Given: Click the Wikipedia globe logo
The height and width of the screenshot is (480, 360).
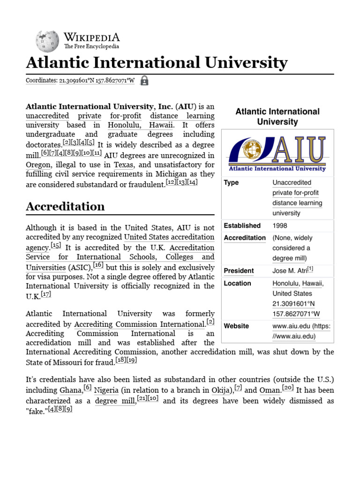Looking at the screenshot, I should [47, 41].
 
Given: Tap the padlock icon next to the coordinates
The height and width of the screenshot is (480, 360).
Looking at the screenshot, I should [144, 80].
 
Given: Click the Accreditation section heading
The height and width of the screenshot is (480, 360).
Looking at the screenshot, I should [65, 206].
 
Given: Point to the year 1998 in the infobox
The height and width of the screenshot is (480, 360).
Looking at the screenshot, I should [280, 225].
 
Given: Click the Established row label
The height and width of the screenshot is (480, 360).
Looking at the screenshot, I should [242, 225].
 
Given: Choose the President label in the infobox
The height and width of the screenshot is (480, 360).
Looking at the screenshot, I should [239, 270].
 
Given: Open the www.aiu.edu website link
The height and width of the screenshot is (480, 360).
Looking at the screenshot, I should [301, 331].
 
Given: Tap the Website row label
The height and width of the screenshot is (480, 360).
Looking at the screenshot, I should [236, 326].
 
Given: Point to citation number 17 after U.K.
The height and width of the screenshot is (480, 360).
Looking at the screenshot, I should [45, 294].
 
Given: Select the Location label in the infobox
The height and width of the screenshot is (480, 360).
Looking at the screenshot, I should [237, 283].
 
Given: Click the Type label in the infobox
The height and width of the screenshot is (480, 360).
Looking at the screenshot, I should [231, 182].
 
